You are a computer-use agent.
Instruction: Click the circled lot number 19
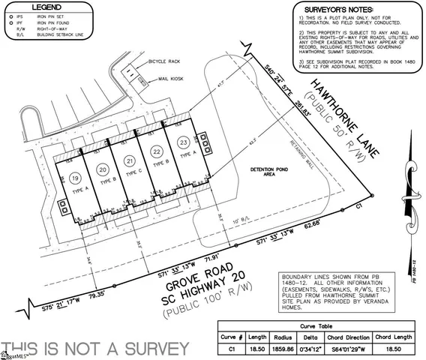pyautogui.click(x=76, y=178)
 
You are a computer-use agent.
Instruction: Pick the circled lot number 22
pyautogui.click(x=157, y=151)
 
